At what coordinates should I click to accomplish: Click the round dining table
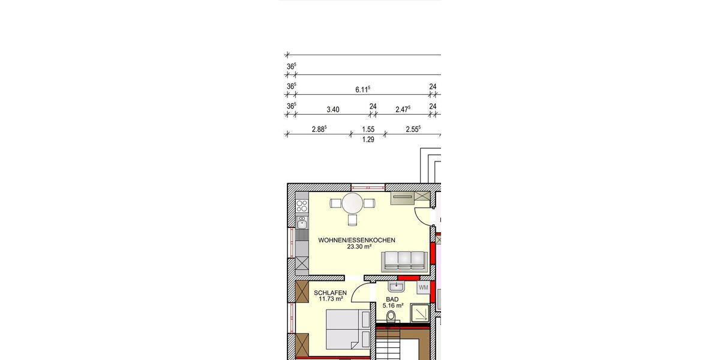point(353,203)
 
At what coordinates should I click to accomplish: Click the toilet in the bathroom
point(392,316)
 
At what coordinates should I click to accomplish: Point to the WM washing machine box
point(424,287)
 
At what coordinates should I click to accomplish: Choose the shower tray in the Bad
point(419,314)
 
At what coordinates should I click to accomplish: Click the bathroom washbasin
point(395,287)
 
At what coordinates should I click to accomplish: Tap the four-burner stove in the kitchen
point(302,206)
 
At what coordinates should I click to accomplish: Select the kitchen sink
point(302,223)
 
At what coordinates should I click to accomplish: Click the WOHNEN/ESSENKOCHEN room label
point(356,240)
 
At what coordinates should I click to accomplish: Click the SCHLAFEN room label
point(330,293)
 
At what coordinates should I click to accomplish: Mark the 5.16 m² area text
point(393,305)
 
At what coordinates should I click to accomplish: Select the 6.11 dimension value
point(362,89)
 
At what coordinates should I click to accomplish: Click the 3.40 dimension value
point(332,109)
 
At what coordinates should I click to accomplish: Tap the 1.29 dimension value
point(368,140)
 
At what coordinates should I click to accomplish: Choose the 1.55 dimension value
point(368,129)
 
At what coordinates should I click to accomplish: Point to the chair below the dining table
point(353,220)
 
